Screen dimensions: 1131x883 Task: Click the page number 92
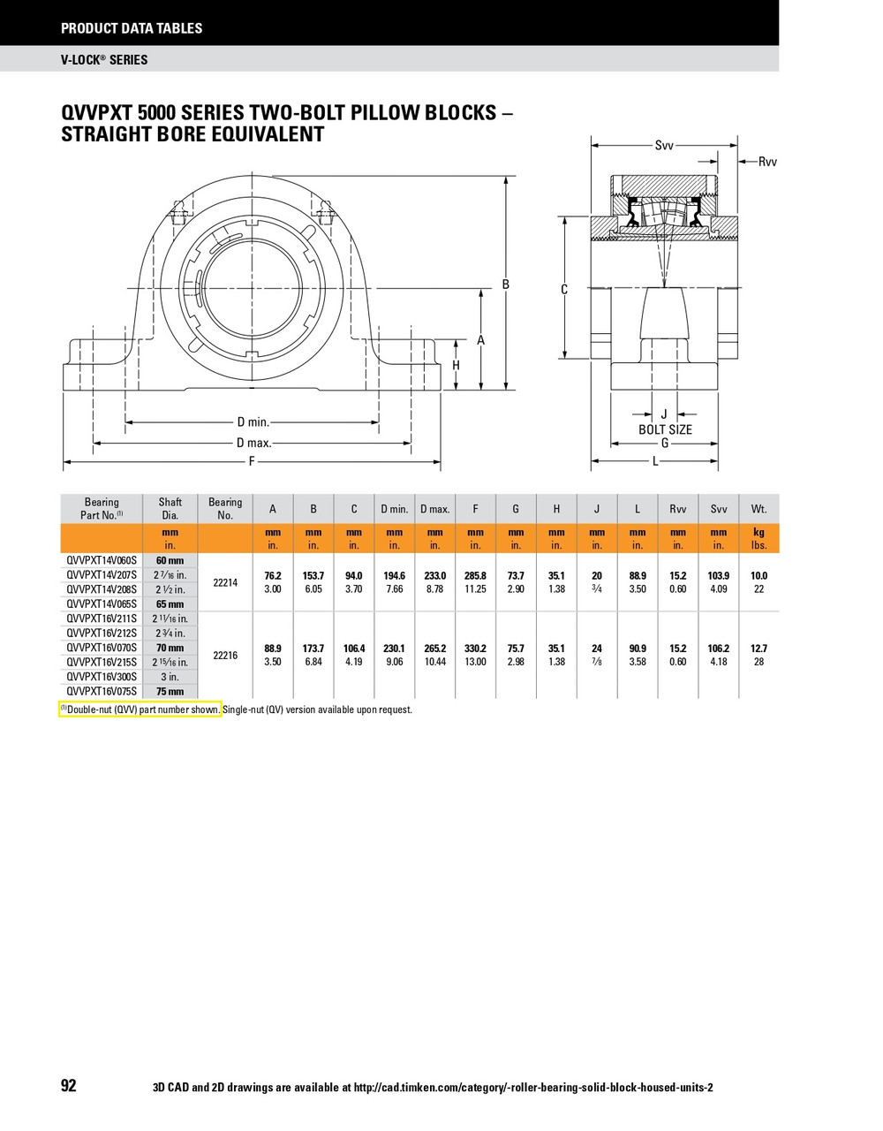69,1086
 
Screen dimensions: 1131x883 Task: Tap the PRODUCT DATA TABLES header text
132,28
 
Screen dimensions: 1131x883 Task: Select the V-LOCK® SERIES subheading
104,60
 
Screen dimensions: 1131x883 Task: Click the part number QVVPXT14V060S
102,560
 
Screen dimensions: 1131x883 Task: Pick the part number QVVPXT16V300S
102,677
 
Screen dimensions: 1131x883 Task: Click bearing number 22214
225,582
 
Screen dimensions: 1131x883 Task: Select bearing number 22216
225,656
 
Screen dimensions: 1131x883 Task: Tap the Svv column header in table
719,509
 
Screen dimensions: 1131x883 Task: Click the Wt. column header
758,509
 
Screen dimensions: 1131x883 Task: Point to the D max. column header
434,509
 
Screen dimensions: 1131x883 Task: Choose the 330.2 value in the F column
475,649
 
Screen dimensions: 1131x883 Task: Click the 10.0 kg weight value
758,575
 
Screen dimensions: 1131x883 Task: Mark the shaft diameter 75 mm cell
170,692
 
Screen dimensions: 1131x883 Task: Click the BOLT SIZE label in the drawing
665,429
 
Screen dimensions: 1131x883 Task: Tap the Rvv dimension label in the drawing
767,162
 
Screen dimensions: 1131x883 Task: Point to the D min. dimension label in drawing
253,422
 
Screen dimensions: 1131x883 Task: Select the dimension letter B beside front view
506,285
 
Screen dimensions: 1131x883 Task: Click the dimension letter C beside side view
564,290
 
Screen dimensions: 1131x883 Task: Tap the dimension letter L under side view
655,460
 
